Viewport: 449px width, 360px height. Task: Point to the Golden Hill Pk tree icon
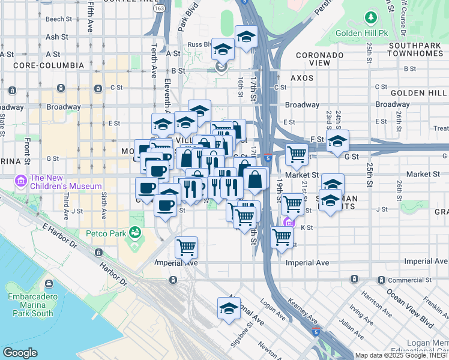point(372,17)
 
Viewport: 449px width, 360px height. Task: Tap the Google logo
point(19,353)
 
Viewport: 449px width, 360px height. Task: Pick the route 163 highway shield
point(158,9)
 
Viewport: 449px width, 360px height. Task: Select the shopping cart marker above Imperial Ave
point(186,246)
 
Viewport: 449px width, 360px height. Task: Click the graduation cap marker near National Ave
point(228,308)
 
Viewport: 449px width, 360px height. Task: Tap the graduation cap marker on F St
point(337,141)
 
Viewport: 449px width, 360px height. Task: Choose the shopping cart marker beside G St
point(297,154)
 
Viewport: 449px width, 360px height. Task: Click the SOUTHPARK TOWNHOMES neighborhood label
point(418,50)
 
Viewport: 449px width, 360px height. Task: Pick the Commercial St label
point(410,280)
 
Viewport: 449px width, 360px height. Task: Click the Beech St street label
point(59,19)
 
